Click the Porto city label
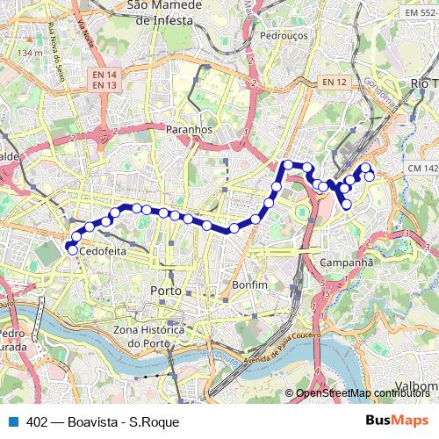pos(166,290)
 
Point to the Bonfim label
pos(249,285)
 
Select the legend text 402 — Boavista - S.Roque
pos(103,422)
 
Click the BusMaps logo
pos(397,421)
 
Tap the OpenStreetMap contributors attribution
pos(363,393)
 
